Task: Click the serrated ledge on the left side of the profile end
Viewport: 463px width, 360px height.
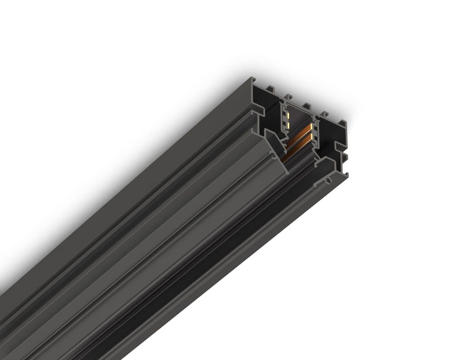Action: click(261, 111)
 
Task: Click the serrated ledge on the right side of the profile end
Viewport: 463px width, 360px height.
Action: click(340, 148)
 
